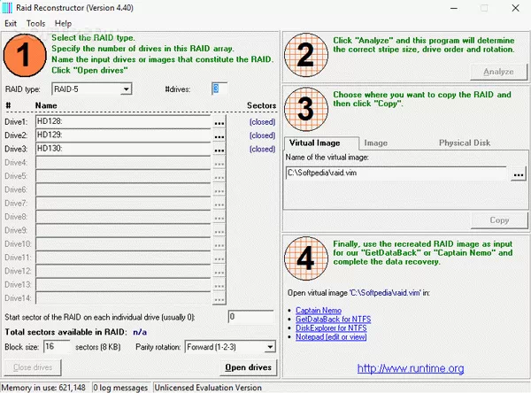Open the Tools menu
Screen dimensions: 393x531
[35, 22]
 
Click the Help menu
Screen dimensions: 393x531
[63, 22]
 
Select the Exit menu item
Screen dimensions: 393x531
[11, 22]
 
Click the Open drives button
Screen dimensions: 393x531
[249, 367]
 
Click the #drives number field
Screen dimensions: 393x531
[219, 89]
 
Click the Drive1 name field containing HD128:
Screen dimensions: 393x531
[123, 121]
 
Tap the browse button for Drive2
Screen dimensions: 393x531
[219, 135]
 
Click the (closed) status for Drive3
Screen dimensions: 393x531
[262, 150]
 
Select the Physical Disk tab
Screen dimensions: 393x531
[465, 143]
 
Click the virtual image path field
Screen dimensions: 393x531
[396, 174]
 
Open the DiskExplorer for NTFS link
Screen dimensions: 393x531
[332, 327]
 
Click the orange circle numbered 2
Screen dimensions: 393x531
[305, 56]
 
